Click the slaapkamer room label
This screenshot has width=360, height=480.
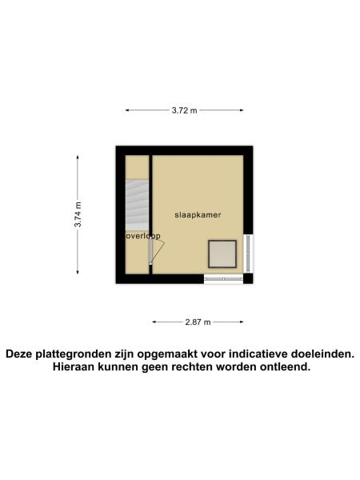click(x=198, y=215)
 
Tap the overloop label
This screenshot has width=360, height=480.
click(x=143, y=236)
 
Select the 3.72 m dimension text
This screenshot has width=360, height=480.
click(x=184, y=111)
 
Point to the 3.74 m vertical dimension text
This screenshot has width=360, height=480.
click(x=78, y=213)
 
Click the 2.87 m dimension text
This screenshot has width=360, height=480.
click(x=198, y=322)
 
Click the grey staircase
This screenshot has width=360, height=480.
click(x=137, y=202)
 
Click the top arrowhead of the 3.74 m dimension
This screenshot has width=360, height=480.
click(x=78, y=157)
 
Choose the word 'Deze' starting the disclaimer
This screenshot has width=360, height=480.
click(x=22, y=354)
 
